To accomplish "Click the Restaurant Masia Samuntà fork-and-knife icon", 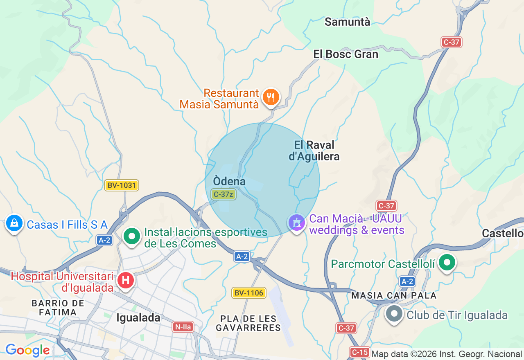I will pos(271,97).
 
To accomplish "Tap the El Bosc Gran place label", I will pos(346,54).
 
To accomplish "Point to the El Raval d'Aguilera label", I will pos(314,151).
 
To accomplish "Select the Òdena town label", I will pos(229,181).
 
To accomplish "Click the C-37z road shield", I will pos(224,194).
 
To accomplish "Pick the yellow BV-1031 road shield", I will pos(122,185).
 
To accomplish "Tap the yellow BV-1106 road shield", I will pos(249,293).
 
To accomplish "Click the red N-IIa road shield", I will pos(183,327).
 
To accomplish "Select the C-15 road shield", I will pos(359,352).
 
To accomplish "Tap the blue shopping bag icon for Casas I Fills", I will pos(14,223).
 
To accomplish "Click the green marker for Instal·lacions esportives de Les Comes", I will pos(132,236).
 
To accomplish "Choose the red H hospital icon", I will pos(125,281).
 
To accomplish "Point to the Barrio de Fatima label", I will pos(58,308).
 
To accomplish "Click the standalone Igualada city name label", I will pos(138,318).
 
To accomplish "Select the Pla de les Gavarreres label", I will pos(248,323).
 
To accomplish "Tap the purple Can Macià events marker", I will pos(296,223).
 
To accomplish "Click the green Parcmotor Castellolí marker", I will pos(447,263).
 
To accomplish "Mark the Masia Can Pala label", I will pos(394,295).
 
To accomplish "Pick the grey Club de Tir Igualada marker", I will pos(394,314).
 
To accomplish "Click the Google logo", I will pos(27,351).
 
